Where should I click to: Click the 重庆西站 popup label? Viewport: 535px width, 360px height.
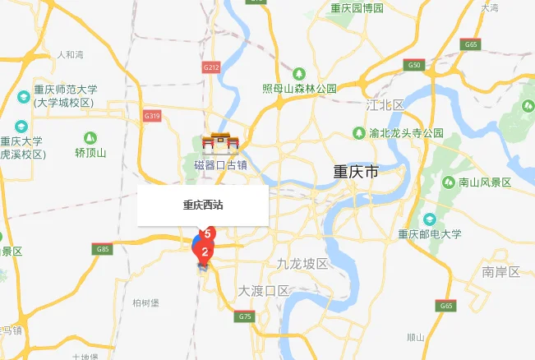click(203, 205)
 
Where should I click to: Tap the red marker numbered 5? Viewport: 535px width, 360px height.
click(208, 234)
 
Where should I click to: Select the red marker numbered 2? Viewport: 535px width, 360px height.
click(204, 252)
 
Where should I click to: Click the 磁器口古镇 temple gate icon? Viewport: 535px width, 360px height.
click(220, 144)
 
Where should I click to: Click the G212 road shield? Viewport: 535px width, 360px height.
click(211, 67)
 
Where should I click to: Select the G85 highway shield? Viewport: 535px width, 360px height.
click(103, 248)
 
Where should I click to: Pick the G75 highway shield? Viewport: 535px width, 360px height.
click(244, 316)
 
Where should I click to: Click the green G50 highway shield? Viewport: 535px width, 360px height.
click(414, 64)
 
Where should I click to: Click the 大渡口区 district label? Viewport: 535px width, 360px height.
click(264, 291)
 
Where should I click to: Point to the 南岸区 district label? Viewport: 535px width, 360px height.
click(501, 271)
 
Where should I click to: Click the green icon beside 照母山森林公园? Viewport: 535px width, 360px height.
click(299, 73)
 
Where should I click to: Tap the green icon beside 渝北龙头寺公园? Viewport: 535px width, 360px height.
click(359, 132)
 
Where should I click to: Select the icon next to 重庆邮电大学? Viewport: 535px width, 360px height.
click(429, 219)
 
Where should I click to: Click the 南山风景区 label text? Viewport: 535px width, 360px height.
click(485, 182)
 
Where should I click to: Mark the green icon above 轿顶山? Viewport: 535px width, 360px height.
click(90, 137)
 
